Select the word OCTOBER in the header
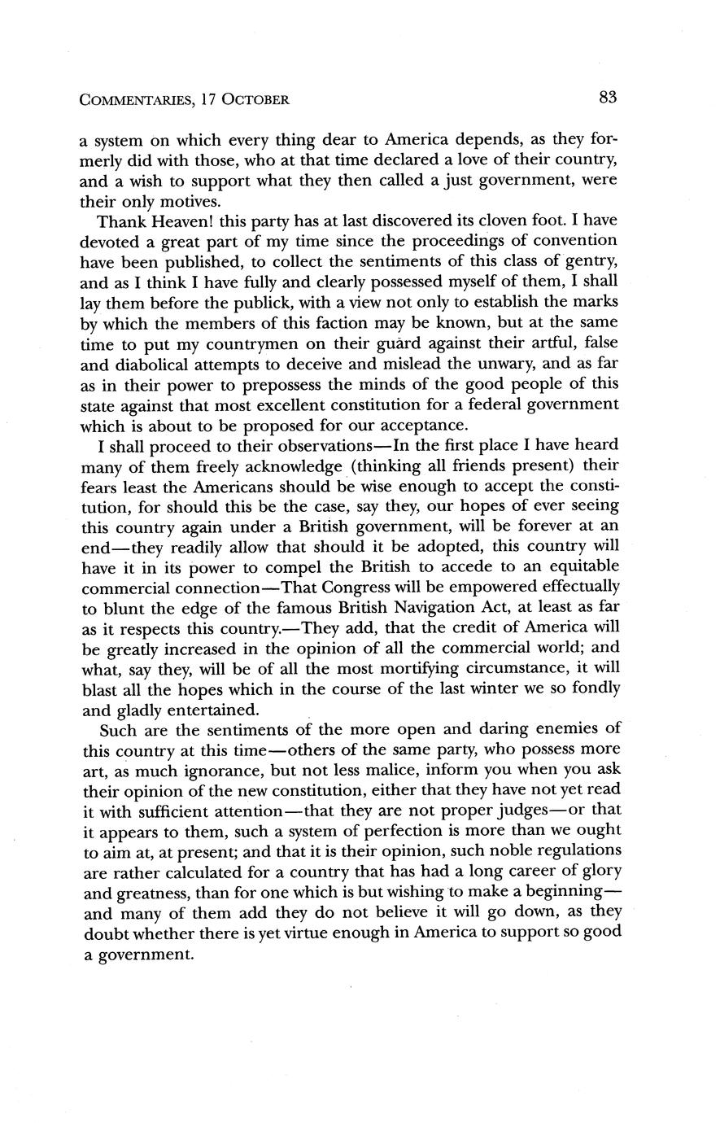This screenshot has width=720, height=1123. coord(255,100)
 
